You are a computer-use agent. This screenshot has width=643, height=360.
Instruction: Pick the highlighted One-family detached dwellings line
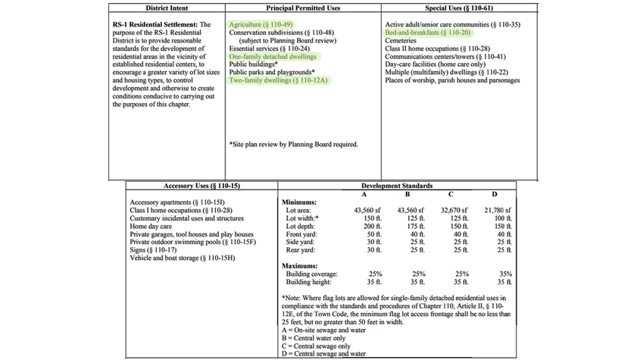(x=273, y=57)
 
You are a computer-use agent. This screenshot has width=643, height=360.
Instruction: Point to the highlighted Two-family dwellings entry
(x=278, y=80)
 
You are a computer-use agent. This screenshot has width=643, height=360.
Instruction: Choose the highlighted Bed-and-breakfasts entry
(x=427, y=33)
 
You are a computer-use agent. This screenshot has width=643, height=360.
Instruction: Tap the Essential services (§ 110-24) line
(x=264, y=49)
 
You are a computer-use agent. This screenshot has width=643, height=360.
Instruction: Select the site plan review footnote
(x=292, y=144)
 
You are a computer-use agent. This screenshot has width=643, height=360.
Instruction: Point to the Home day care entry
(x=151, y=226)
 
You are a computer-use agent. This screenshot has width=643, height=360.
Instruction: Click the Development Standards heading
(x=397, y=186)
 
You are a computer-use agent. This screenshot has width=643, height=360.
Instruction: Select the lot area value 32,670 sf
(x=454, y=210)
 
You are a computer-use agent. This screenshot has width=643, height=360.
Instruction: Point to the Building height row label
(x=309, y=281)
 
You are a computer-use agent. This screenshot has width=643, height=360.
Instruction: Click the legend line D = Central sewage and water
(x=323, y=353)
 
